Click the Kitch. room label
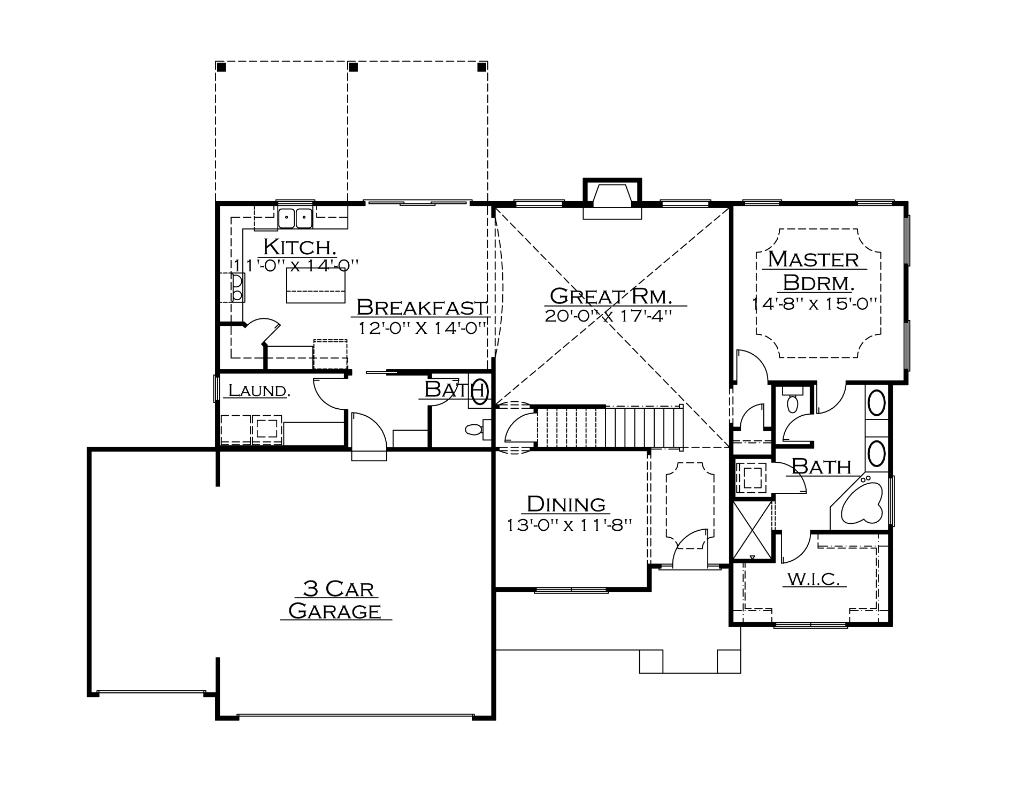pos(300,247)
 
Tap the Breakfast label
pos(421,307)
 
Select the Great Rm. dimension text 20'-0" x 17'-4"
pos(609,316)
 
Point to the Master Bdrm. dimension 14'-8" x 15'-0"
pos(815,303)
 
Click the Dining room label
pos(566,504)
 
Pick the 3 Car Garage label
pos(335,600)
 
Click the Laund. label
pos(259,391)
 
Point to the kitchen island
pos(316,285)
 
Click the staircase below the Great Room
pos(610,426)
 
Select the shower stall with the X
pos(752,530)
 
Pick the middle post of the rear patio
pos(353,67)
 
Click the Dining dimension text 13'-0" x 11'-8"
pos(570,525)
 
